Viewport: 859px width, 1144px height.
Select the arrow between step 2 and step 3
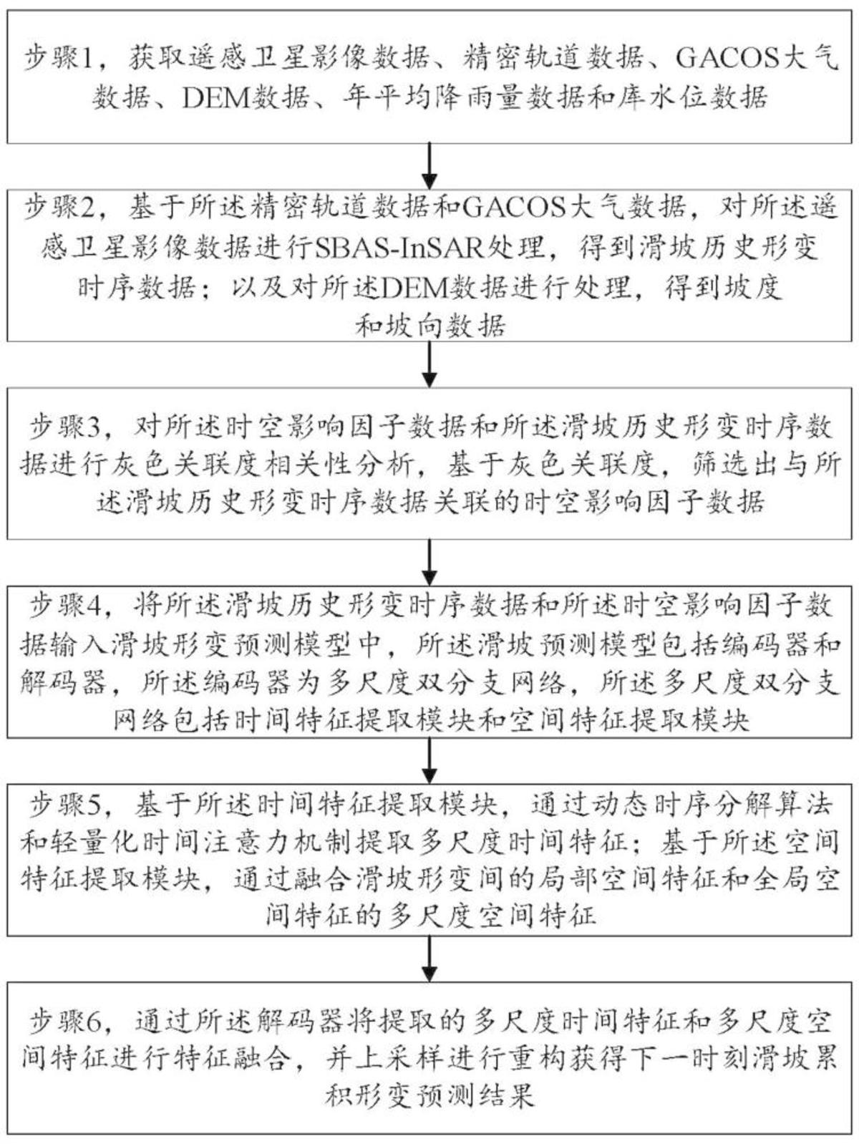pyautogui.click(x=429, y=365)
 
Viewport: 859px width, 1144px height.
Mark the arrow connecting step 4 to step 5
pyautogui.click(x=429, y=761)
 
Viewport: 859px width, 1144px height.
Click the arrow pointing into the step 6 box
pyautogui.click(x=429, y=959)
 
